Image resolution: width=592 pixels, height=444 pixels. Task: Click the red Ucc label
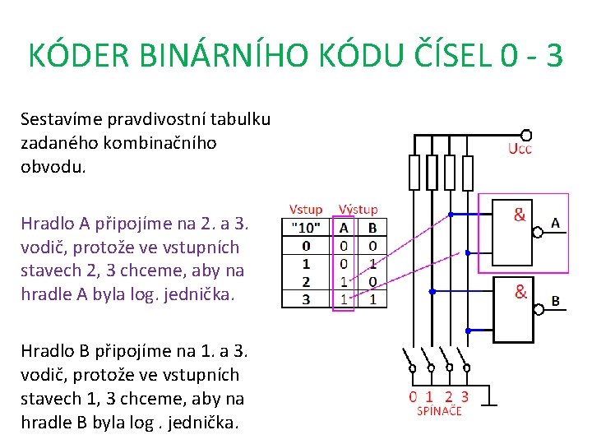pos(520,149)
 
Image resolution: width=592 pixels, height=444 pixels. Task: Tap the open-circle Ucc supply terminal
pos(526,135)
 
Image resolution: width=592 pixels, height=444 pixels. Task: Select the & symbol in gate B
pos(520,291)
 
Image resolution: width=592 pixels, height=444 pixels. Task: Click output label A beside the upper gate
pos(556,223)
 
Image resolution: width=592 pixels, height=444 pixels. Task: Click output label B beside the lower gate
pos(556,302)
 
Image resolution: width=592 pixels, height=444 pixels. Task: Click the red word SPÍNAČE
pos(439,410)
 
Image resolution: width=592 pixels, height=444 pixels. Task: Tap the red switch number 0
pos(414,396)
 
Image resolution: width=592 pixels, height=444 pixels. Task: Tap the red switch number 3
pos(465,396)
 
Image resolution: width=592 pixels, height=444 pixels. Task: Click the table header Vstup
pos(306,210)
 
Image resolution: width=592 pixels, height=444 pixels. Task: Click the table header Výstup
pos(358,210)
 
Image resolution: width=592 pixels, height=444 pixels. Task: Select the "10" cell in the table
pos(306,227)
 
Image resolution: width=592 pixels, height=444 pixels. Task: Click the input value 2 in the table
pos(306,282)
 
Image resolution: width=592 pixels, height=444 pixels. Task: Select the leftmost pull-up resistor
pos(414,173)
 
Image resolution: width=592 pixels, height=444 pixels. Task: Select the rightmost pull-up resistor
pos(468,173)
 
